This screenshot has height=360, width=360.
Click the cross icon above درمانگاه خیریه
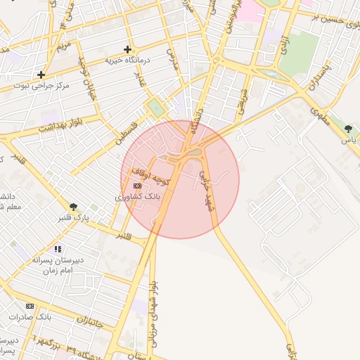(x=127, y=49)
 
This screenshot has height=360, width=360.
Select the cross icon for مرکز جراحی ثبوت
(x=41, y=74)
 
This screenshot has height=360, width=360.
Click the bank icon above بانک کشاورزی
(x=136, y=185)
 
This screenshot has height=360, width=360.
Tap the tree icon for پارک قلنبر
(x=74, y=206)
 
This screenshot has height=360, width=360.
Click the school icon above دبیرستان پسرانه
(x=58, y=249)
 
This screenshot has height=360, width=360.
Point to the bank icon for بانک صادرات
(x=30, y=306)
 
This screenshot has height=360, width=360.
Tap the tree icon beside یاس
(x=348, y=129)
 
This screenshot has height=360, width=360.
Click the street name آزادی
(x=283, y=44)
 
